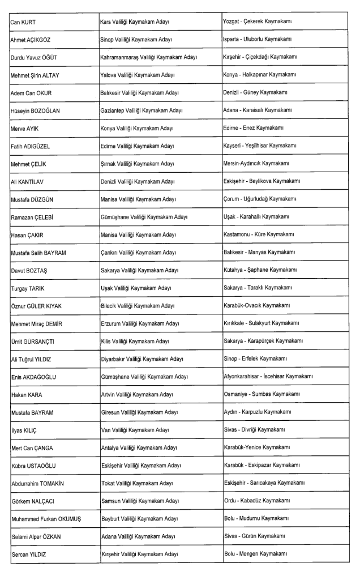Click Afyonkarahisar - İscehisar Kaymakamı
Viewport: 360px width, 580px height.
(x=269, y=376)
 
